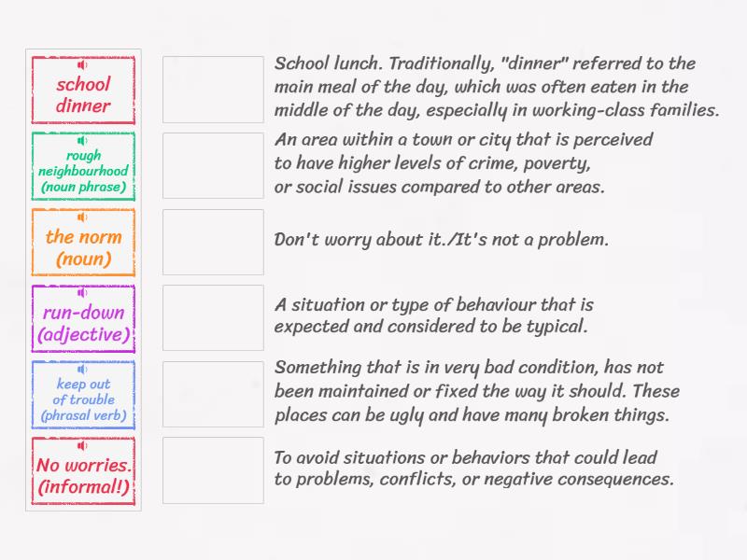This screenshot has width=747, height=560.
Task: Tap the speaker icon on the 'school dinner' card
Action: click(83, 64)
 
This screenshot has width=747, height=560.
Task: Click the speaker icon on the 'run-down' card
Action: click(83, 293)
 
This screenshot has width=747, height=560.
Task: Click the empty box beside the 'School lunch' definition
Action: click(213, 90)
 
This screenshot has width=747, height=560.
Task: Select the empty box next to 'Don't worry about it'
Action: click(213, 242)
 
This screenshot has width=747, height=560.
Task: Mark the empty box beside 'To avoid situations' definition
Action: click(213, 470)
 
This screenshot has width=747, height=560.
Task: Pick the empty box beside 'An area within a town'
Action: click(213, 165)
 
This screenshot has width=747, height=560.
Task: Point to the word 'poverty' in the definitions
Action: click(556, 163)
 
